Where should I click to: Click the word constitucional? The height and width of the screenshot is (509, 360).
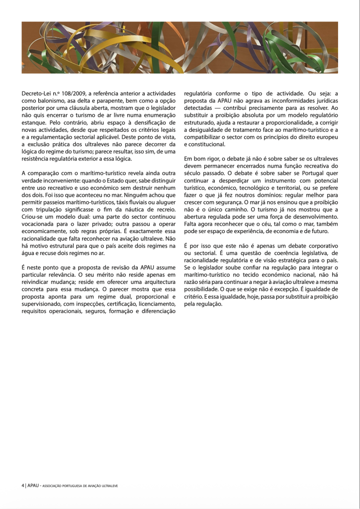(x=205, y=144)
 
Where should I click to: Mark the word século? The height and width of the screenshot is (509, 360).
(x=193, y=173)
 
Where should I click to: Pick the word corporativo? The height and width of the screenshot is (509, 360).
(x=321, y=246)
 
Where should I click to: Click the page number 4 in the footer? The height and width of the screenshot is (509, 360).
(x=23, y=485)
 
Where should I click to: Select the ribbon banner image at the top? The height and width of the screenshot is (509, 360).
(x=180, y=47)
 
